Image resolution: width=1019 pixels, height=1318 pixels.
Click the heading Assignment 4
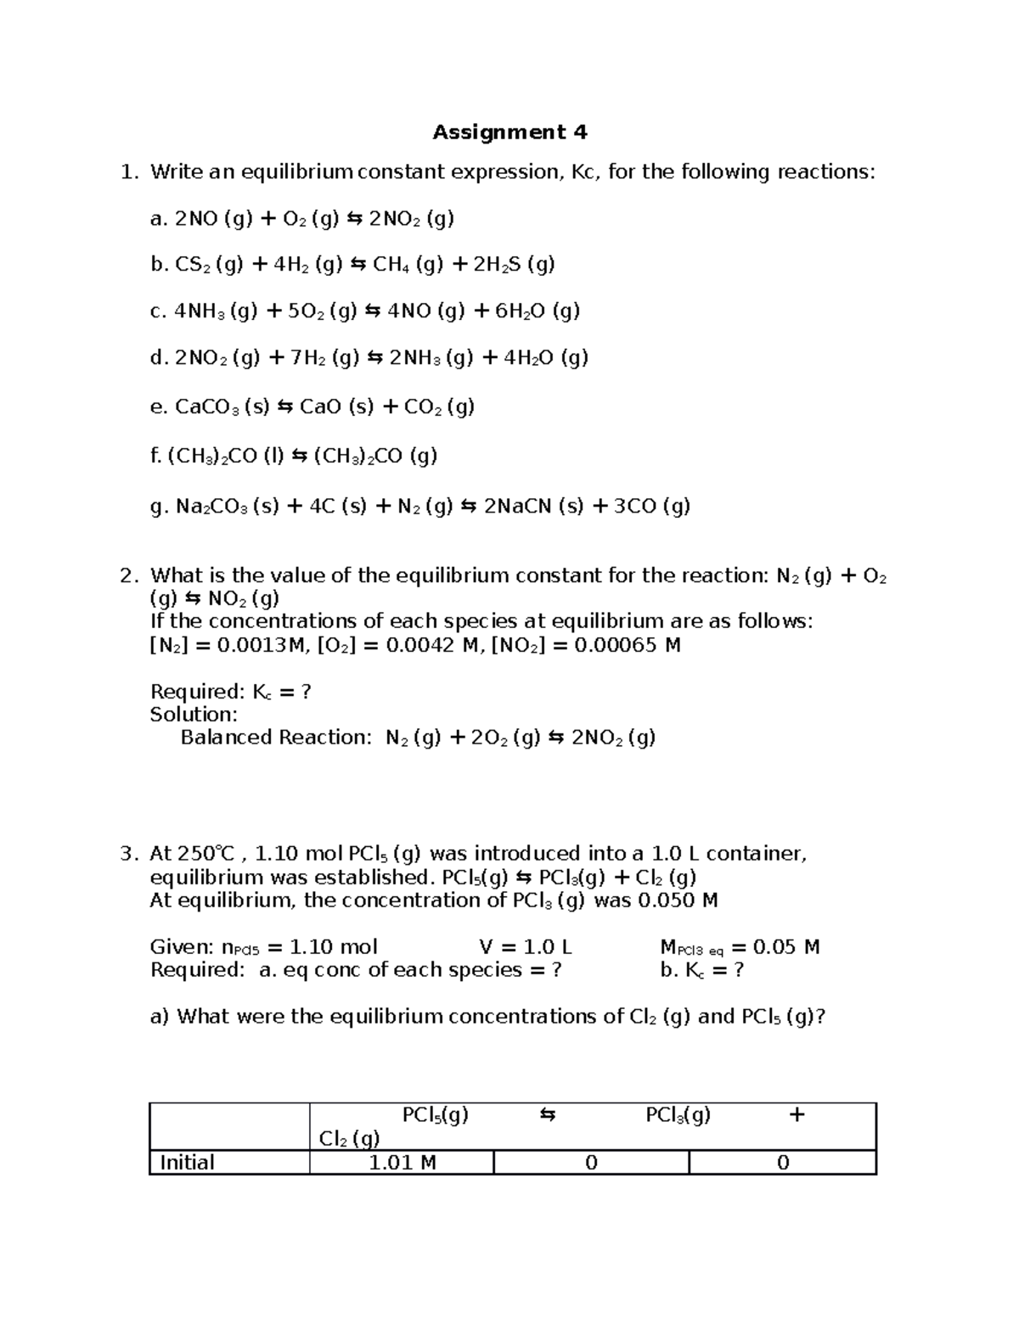coord(509,132)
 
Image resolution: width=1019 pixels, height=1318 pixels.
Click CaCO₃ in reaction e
coord(206,407)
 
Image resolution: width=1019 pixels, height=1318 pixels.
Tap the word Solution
coord(193,715)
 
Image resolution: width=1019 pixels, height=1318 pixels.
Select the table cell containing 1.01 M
coord(402,1163)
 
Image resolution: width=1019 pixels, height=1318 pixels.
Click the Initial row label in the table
coord(187,1163)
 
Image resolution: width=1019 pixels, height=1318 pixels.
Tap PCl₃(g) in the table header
coord(678,1115)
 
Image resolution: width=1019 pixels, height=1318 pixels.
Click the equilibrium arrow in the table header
coord(548,1115)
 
